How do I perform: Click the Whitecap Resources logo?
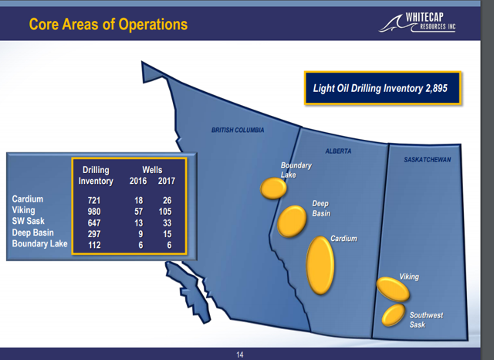417,22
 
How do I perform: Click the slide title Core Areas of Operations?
108,24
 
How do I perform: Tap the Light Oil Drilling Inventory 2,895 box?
383,88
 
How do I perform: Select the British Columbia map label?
238,130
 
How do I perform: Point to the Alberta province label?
338,151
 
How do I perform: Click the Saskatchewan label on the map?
427,159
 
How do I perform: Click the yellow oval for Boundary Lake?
273,188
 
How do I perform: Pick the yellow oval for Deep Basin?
292,221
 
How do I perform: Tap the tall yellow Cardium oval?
320,265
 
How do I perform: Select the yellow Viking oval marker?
393,289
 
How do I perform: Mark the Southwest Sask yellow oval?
393,314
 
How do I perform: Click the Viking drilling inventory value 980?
94,212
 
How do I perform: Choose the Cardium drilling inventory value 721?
94,200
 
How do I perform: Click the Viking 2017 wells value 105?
165,212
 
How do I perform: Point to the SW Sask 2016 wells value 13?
139,222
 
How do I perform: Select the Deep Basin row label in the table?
32,233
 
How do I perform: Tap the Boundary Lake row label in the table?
39,243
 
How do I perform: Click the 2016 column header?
138,181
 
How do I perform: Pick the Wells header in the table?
152,170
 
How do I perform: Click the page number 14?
240,355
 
